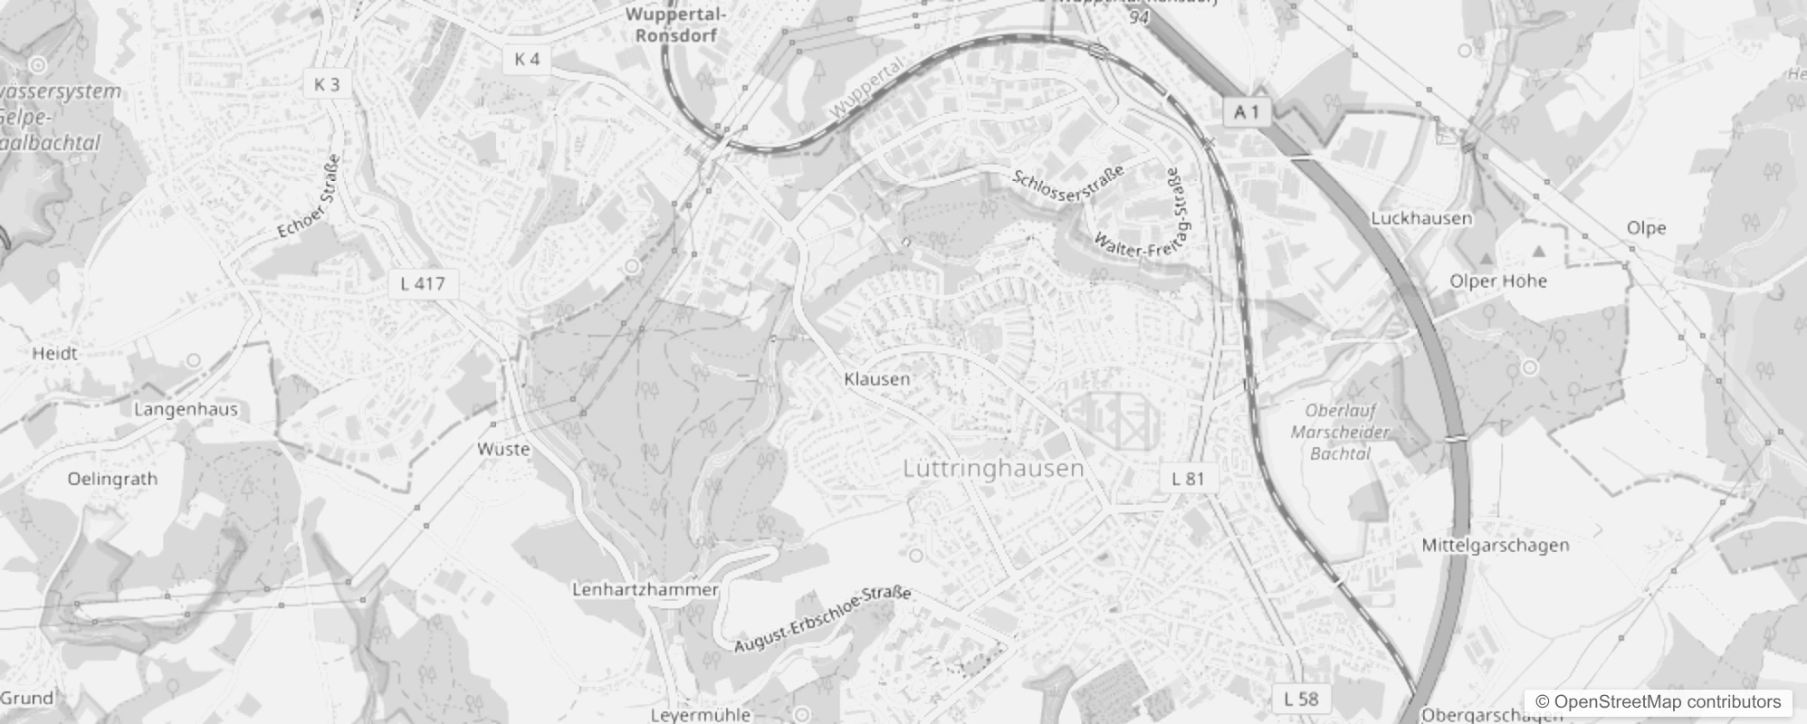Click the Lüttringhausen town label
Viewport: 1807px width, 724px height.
(993, 468)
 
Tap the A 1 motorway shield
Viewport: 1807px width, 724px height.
(1248, 112)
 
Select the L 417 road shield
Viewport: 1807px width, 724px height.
(423, 283)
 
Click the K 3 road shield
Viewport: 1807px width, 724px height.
(327, 84)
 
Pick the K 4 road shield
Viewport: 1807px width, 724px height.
(527, 59)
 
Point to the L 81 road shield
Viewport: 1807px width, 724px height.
(1189, 479)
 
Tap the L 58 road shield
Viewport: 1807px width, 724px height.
(1301, 698)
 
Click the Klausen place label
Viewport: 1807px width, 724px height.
(876, 378)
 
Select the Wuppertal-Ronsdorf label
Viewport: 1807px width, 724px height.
(675, 25)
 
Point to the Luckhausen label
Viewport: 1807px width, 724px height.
(1421, 218)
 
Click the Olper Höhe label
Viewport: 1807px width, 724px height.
(1498, 281)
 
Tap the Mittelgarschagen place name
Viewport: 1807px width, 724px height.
(1496, 545)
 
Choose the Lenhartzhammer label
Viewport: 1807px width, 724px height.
(645, 589)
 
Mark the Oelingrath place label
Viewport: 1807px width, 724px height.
(112, 479)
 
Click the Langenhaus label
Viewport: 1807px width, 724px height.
(186, 409)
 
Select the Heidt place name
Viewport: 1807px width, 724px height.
(54, 353)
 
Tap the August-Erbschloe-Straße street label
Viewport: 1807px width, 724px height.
(822, 620)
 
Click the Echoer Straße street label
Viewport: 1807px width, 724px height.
(310, 196)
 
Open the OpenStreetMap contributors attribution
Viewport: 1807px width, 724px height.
(1658, 701)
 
